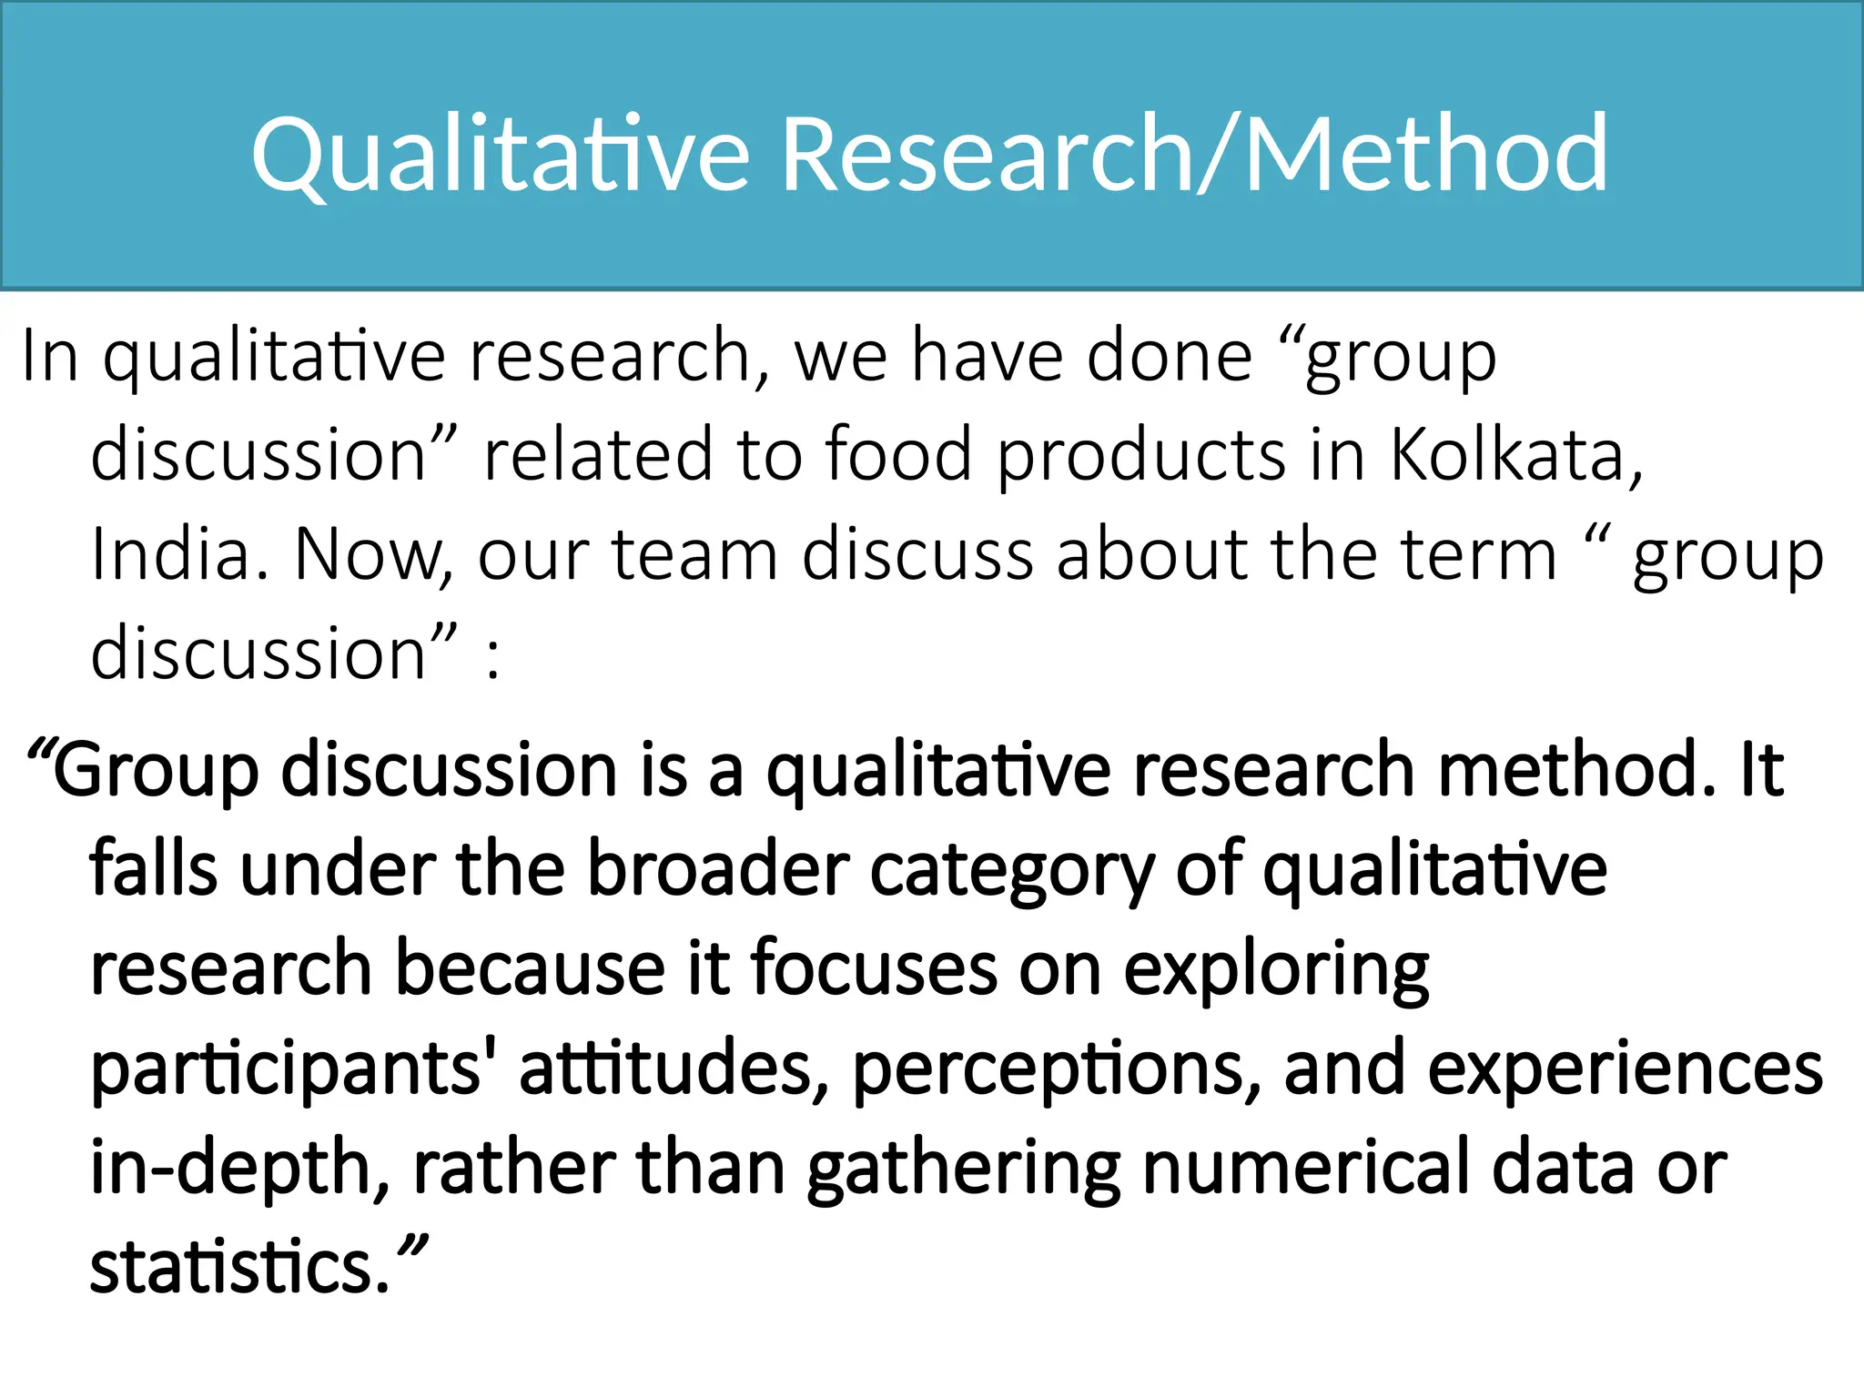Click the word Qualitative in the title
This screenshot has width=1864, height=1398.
pos(500,155)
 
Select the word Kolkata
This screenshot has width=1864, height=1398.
pos(1514,454)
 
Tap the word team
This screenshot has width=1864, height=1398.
pos(694,554)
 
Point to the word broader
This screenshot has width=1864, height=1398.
pos(717,869)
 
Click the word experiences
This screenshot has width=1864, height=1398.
pos(1625,1069)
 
